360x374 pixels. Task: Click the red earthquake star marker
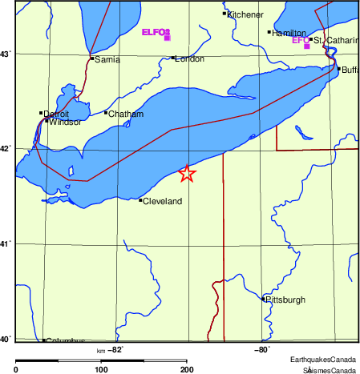[187, 174]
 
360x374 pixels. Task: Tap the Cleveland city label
[163, 201]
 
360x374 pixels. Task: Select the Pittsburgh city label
[286, 300]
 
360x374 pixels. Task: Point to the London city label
[189, 59]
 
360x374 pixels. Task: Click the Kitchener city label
[245, 14]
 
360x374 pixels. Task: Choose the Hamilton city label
[289, 34]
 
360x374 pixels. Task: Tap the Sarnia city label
[107, 60]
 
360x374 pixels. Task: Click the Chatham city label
[126, 115]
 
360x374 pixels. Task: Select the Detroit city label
[56, 115]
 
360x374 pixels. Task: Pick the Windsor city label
[65, 123]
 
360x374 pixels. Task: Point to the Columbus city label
[65, 341]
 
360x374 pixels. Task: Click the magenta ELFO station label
[156, 33]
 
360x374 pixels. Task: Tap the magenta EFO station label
[300, 40]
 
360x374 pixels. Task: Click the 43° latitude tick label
[6, 54]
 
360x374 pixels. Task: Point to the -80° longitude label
[261, 350]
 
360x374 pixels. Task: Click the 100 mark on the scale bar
[101, 369]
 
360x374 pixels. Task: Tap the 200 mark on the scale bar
[187, 369]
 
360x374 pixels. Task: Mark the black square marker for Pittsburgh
[264, 300]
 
